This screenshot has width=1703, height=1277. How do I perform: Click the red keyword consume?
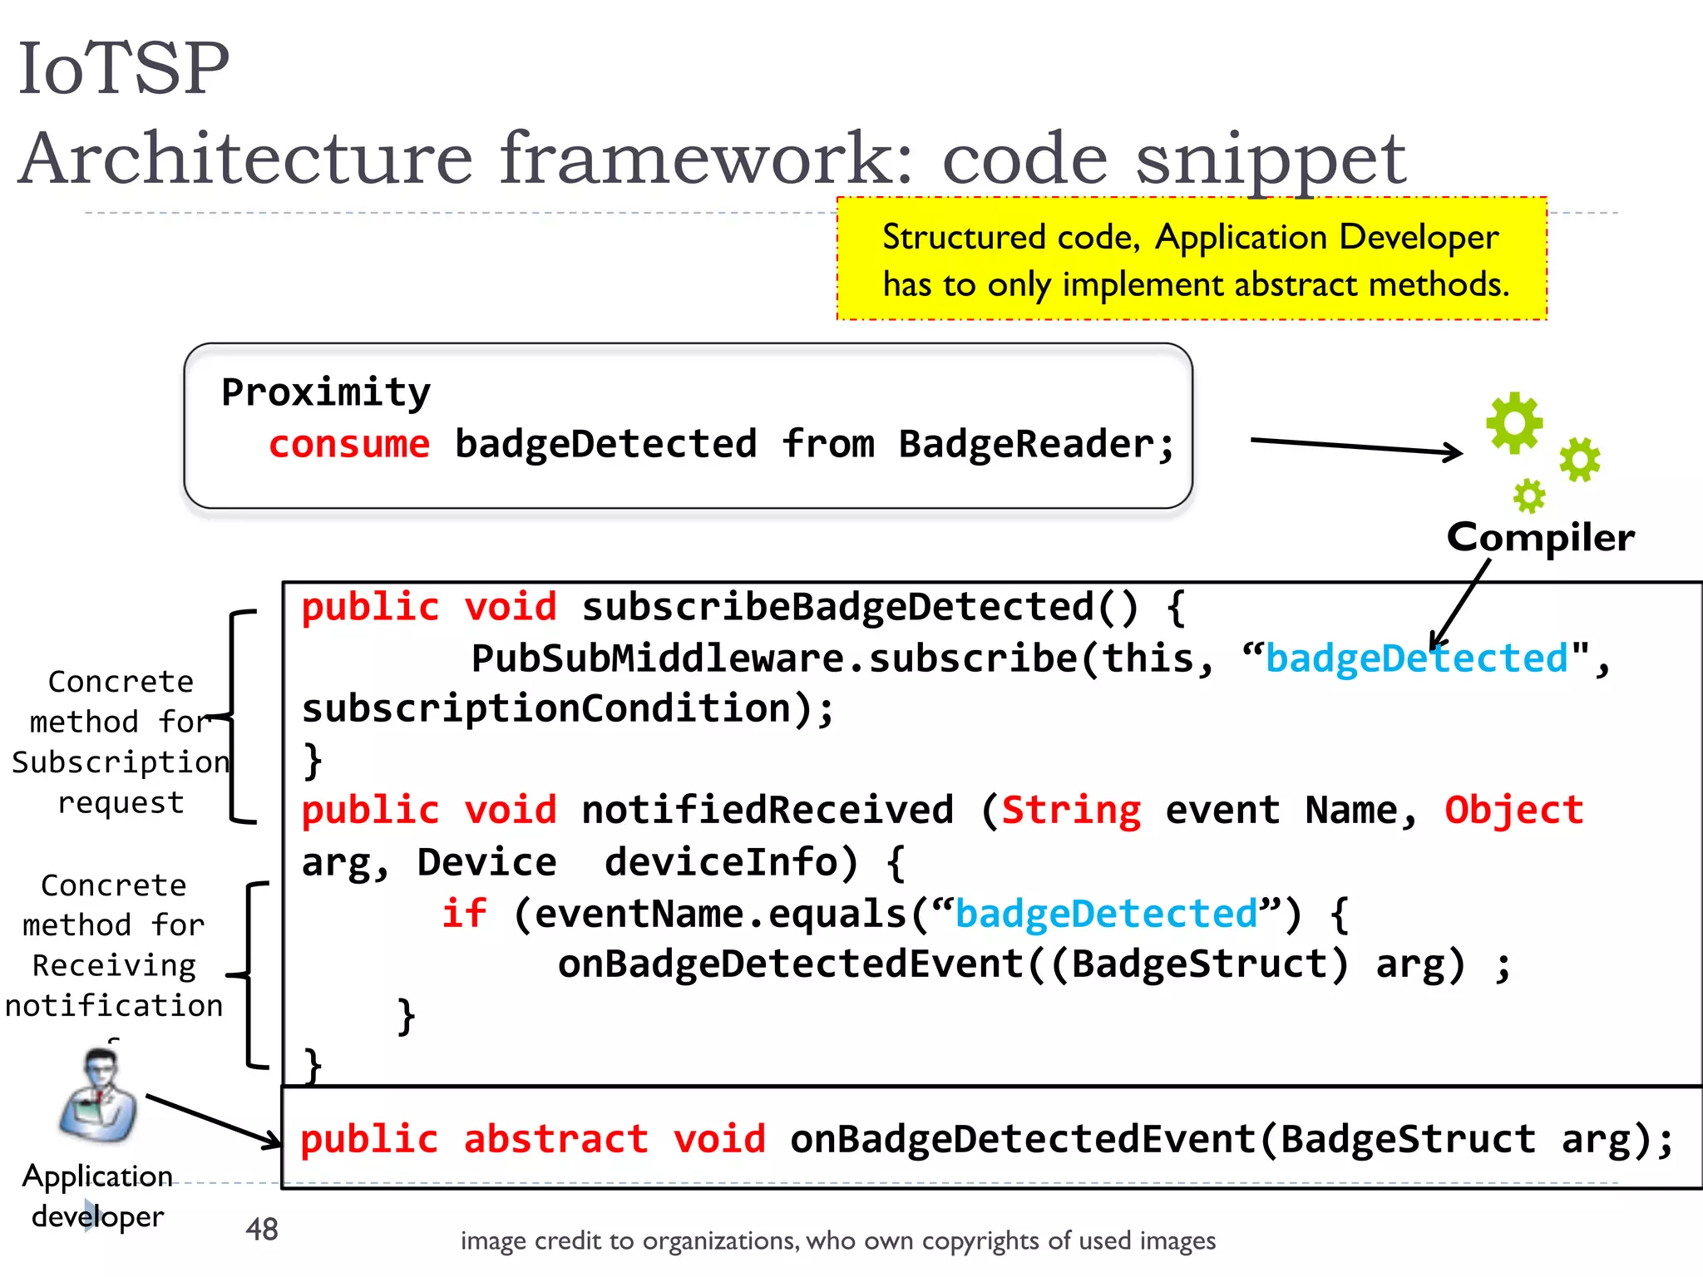(349, 444)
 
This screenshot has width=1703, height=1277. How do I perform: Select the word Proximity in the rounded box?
(326, 392)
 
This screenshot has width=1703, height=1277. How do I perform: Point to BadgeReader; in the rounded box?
(1036, 444)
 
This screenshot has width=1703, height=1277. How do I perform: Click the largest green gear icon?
(1514, 422)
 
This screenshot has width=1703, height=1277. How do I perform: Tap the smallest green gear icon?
(1528, 496)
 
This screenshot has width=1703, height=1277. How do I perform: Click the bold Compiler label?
(1540, 537)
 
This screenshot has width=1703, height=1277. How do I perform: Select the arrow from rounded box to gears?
(1355, 446)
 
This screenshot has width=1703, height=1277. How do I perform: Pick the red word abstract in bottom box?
(555, 1139)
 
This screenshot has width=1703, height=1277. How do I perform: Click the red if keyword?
(463, 913)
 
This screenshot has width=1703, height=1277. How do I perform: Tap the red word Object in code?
(1513, 810)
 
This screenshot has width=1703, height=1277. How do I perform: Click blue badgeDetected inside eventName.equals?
(1106, 913)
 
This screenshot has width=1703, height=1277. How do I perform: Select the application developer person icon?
(99, 1095)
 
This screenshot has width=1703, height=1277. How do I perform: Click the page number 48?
(262, 1229)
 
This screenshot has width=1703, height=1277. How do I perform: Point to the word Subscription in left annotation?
(121, 762)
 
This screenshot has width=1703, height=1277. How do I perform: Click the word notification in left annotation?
(114, 1005)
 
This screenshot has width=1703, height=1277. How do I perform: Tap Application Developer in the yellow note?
(1326, 238)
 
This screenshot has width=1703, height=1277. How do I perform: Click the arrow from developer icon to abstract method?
(212, 1121)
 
